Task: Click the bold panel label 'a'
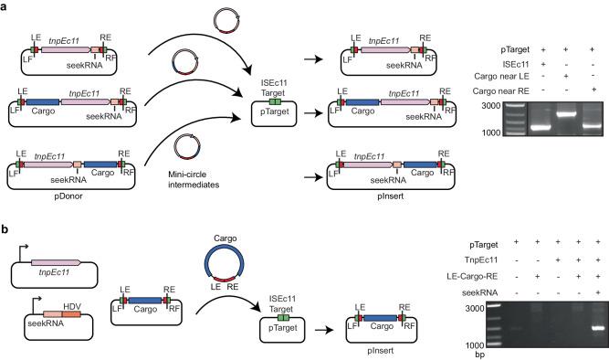pyautogui.click(x=5, y=7)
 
